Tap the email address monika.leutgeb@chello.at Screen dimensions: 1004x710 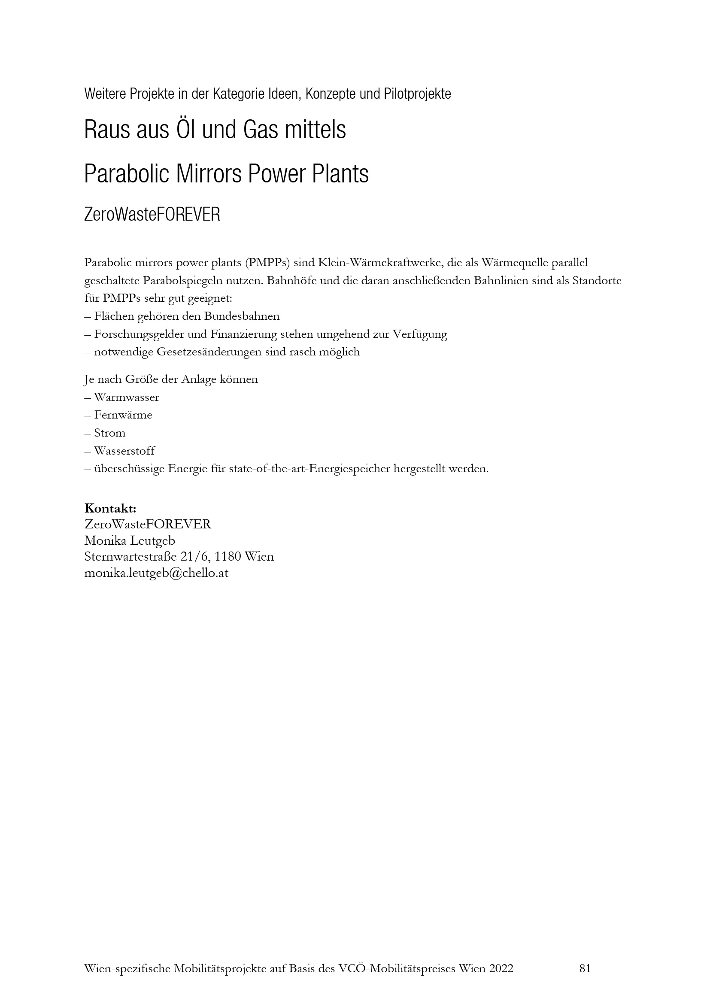click(x=156, y=573)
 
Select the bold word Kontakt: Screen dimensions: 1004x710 click(x=110, y=508)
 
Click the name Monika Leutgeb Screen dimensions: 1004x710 click(x=129, y=540)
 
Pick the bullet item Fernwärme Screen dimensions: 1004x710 click(x=123, y=415)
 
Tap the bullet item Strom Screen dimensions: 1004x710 click(x=110, y=433)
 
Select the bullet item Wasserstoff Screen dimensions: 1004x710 click(x=124, y=451)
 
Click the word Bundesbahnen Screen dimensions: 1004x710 click(x=242, y=316)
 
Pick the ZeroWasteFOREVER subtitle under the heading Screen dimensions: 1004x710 click(x=152, y=215)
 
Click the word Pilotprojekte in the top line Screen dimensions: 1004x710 click(x=417, y=94)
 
